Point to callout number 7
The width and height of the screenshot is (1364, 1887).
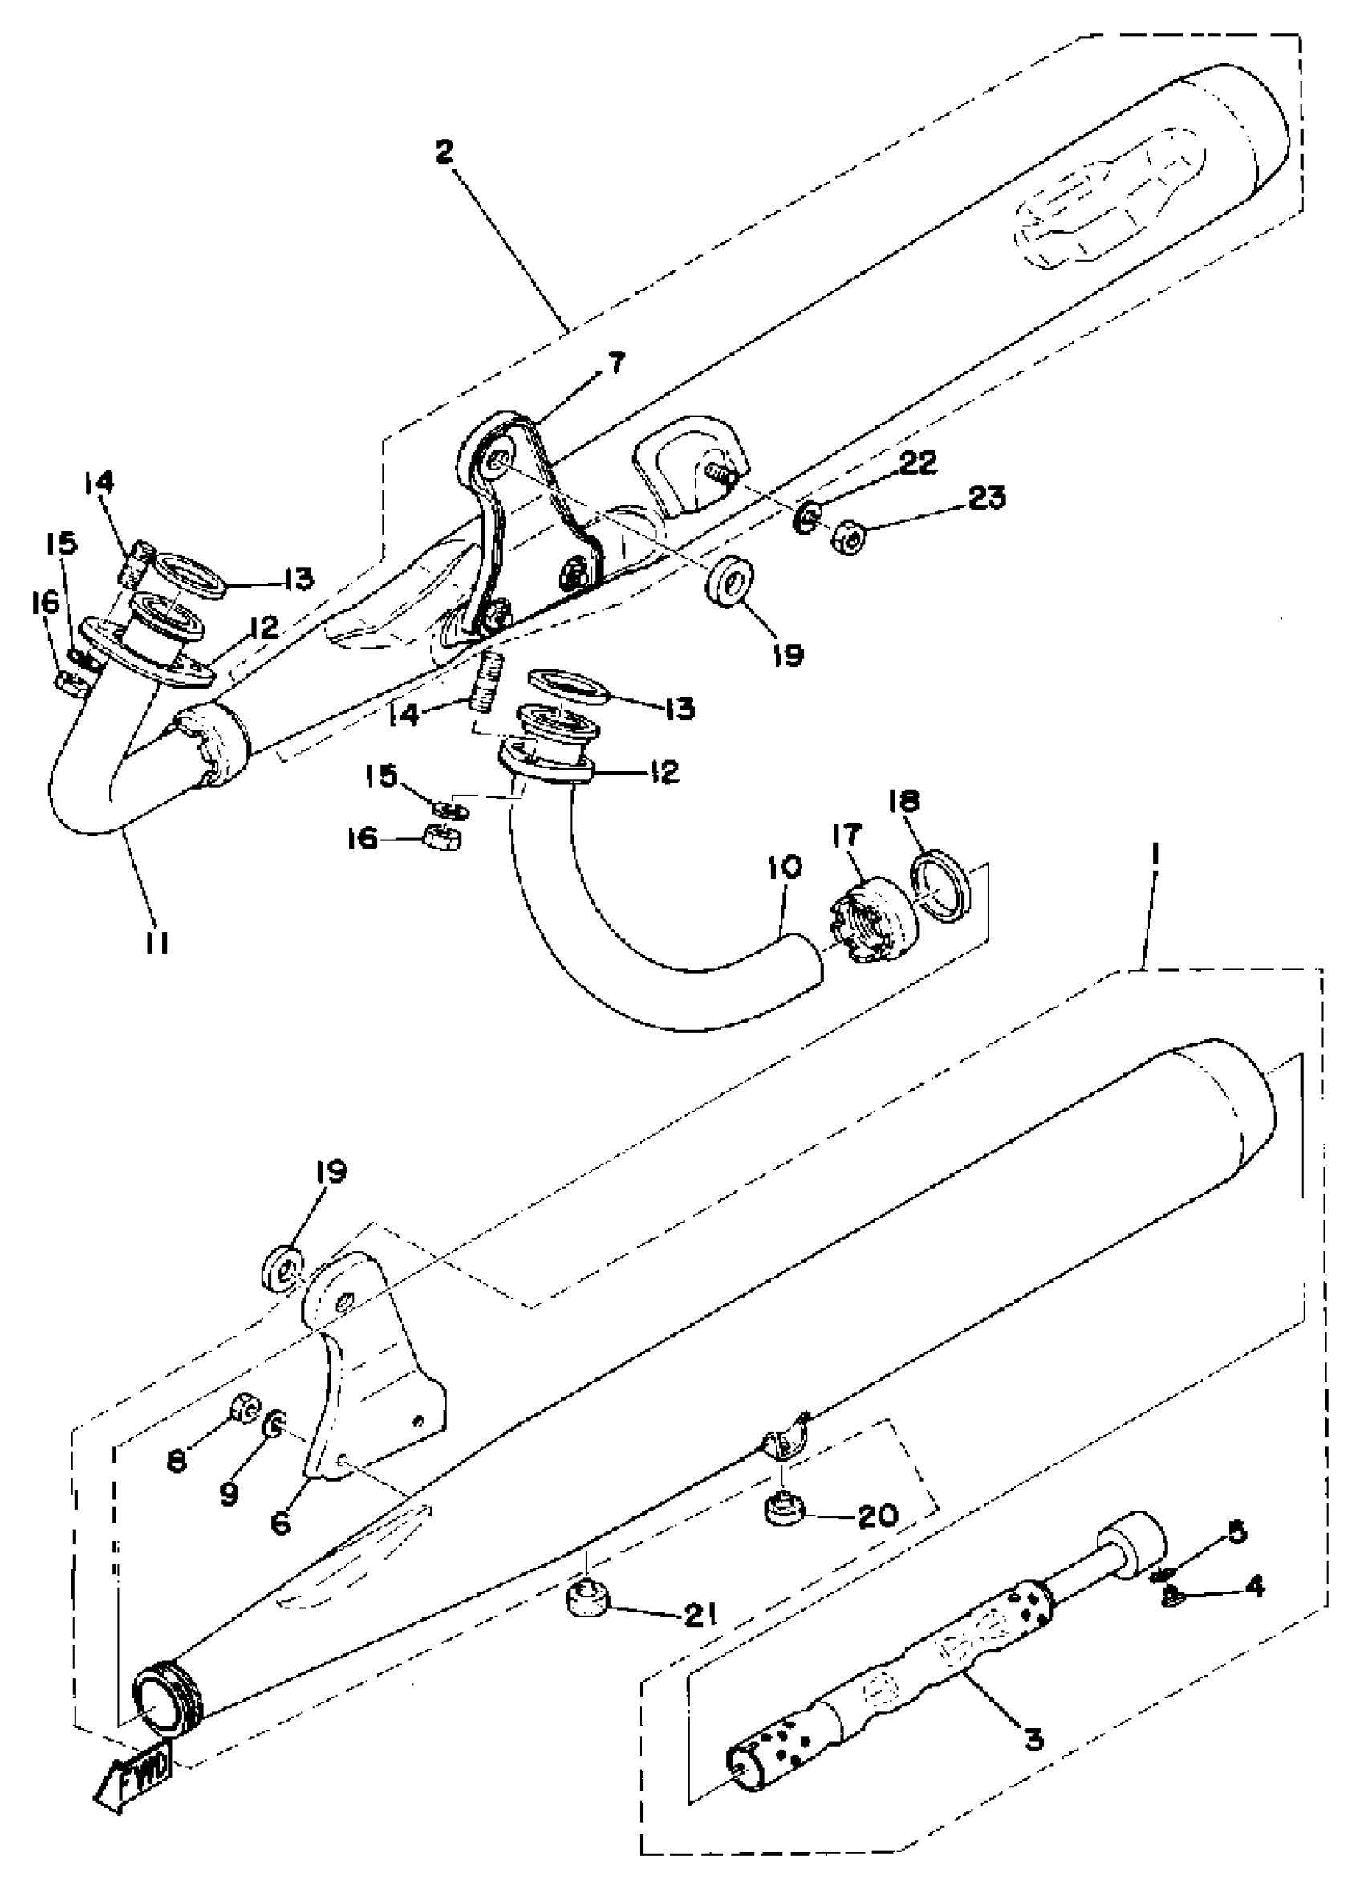click(616, 363)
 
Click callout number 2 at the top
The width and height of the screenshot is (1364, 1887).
click(447, 152)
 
